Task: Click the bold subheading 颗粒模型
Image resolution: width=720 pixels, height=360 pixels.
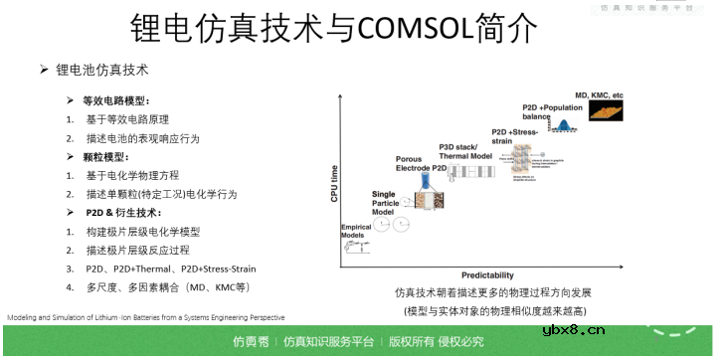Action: pos(106,157)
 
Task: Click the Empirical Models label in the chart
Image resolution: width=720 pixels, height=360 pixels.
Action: pos(356,232)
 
